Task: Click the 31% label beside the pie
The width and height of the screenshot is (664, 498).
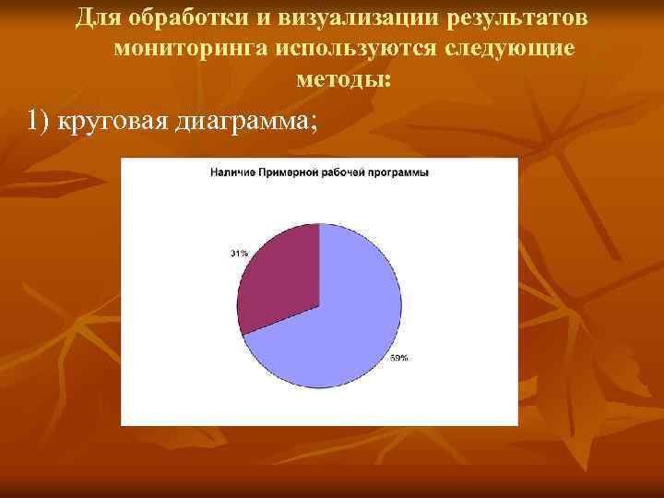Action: [238, 253]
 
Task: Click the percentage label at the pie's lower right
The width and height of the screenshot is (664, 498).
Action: [399, 357]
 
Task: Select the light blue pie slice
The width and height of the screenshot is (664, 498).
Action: [350, 323]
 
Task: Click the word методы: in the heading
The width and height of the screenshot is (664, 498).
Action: [343, 80]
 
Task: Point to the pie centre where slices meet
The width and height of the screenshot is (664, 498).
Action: [319, 305]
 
